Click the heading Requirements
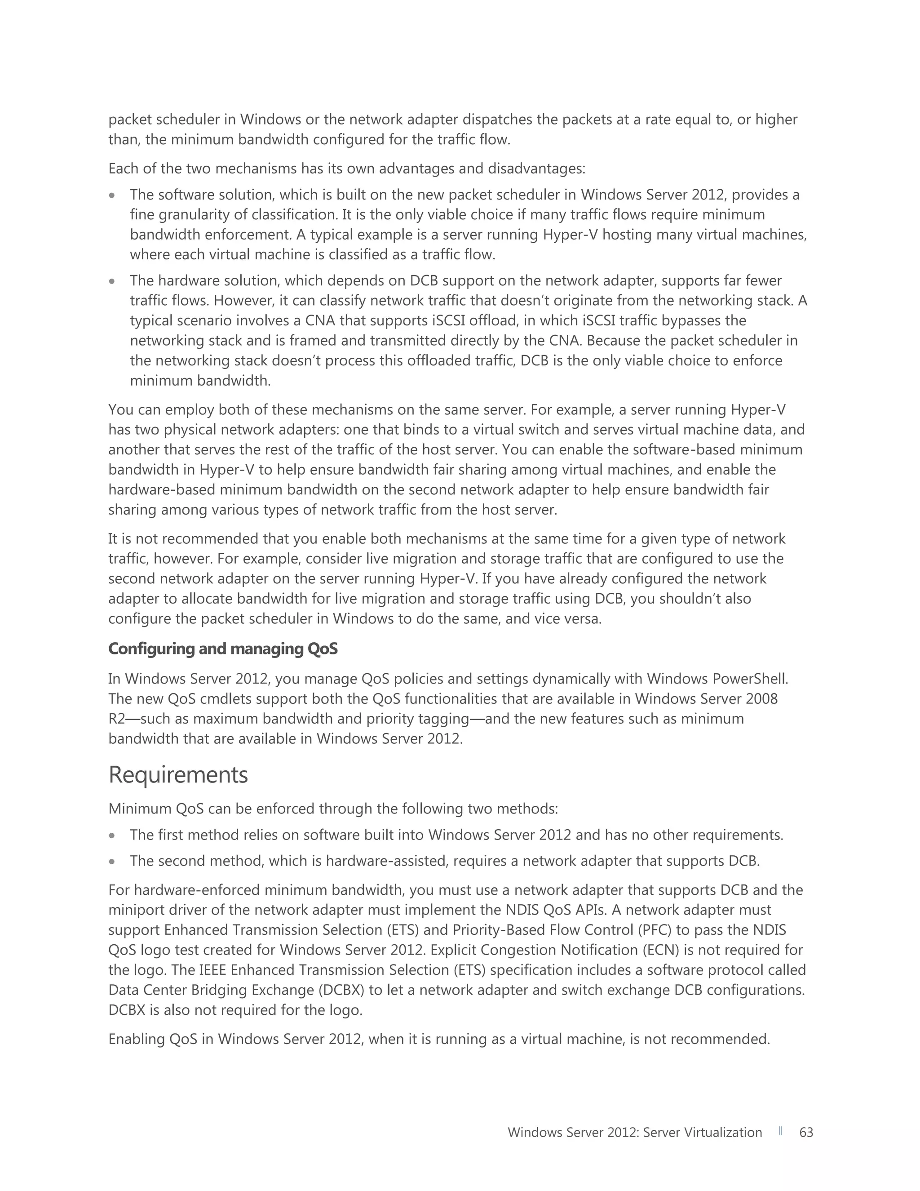point(178,775)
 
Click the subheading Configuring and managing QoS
point(223,649)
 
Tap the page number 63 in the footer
point(805,1132)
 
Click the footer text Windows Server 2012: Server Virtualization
point(634,1132)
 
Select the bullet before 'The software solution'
point(112,195)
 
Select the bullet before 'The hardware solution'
point(112,281)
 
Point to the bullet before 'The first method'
point(112,835)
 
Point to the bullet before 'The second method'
point(112,862)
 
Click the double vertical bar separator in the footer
point(780,1131)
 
